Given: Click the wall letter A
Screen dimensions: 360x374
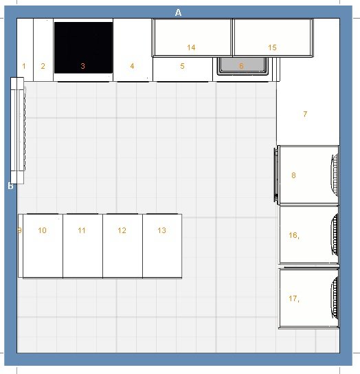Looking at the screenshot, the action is click(178, 12).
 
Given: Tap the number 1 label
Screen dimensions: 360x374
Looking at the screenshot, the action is click(24, 66).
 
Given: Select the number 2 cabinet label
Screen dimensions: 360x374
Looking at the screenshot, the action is click(43, 66).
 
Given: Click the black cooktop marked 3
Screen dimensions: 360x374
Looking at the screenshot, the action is click(83, 47).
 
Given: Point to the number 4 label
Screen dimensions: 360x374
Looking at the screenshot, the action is click(132, 66).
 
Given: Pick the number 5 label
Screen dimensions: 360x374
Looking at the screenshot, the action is click(182, 66).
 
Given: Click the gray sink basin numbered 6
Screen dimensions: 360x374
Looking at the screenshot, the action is click(243, 66).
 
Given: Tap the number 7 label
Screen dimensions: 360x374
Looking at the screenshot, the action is click(305, 114).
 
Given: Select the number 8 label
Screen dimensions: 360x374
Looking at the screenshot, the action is click(293, 175).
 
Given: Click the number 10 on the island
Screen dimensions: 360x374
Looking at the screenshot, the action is click(42, 230).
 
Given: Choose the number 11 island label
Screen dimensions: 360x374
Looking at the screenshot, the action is click(82, 230).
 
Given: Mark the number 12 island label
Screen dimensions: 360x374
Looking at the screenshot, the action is click(122, 230).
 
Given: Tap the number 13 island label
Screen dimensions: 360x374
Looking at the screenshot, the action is click(162, 230).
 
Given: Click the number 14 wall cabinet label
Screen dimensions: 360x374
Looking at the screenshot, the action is click(191, 47).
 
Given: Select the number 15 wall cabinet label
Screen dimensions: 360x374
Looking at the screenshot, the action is click(272, 47).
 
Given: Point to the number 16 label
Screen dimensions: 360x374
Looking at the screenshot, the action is click(293, 235).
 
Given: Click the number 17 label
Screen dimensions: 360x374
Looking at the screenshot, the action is click(293, 298).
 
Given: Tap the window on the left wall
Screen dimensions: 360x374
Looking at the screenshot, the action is click(17, 131).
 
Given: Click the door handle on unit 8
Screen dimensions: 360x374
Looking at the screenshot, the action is click(276, 175).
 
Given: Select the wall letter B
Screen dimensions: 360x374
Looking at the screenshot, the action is click(10, 186).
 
